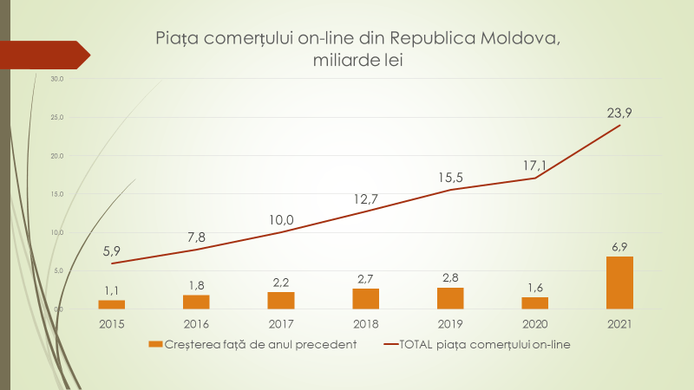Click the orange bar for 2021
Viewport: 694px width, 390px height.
[x=619, y=283]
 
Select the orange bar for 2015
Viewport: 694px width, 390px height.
[x=112, y=304]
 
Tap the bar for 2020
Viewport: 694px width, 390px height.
[x=535, y=302]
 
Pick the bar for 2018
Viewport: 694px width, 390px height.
[x=366, y=298]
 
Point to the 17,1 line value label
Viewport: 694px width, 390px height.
[x=535, y=165]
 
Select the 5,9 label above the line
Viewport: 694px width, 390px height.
[x=112, y=250]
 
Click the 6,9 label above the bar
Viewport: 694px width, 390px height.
[x=619, y=248]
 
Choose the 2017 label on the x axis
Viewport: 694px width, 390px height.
[x=281, y=324]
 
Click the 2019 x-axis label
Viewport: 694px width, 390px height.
[x=450, y=324]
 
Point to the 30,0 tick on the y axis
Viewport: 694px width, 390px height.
[x=57, y=79]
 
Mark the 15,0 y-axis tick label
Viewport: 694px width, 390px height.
[x=57, y=194]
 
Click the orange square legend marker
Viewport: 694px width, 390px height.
[x=155, y=344]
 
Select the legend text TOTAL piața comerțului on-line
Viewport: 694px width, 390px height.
[x=490, y=344]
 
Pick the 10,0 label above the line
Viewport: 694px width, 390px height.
[x=281, y=219]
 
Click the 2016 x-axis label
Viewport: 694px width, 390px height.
[x=196, y=324]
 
